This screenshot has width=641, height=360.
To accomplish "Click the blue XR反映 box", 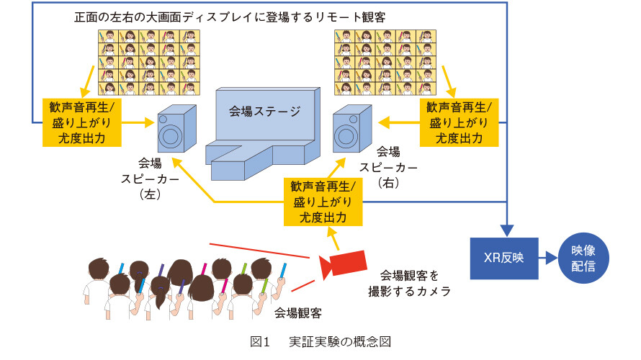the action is pyautogui.click(x=504, y=258).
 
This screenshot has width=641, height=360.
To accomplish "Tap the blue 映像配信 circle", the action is pyautogui.click(x=583, y=258).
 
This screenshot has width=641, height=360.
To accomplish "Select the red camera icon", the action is pyautogui.click(x=343, y=264).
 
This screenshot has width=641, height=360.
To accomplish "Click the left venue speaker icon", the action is pyautogui.click(x=177, y=129).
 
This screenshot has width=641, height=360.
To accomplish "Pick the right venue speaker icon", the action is pyautogui.click(x=352, y=129).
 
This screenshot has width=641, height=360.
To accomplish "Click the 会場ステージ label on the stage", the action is pyautogui.click(x=264, y=111).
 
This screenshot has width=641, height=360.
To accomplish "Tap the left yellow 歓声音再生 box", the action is pyautogui.click(x=82, y=122).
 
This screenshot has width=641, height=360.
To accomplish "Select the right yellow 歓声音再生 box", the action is pyautogui.click(x=459, y=122).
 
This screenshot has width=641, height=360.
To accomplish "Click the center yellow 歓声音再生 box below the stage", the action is pyautogui.click(x=323, y=202).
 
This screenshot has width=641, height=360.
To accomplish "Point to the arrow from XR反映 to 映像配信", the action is pyautogui.click(x=548, y=258).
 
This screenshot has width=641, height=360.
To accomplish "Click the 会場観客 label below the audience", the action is pyautogui.click(x=298, y=313).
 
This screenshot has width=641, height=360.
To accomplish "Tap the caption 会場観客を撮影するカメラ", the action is pyautogui.click(x=409, y=283).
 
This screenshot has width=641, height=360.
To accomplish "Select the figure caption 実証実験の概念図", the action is pyautogui.click(x=340, y=341).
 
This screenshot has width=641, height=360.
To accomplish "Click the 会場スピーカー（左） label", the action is pyautogui.click(x=150, y=179).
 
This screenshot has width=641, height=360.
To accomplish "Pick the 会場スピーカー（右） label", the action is pyautogui.click(x=388, y=167).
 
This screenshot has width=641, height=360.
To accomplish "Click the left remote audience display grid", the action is pyautogui.click(x=149, y=63).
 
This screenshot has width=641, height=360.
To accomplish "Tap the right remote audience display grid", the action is pyautogui.click(x=385, y=63).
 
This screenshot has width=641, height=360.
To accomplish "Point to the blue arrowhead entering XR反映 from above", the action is pyautogui.click(x=507, y=231).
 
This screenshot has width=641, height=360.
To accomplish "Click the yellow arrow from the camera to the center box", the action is pyautogui.click(x=333, y=238).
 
